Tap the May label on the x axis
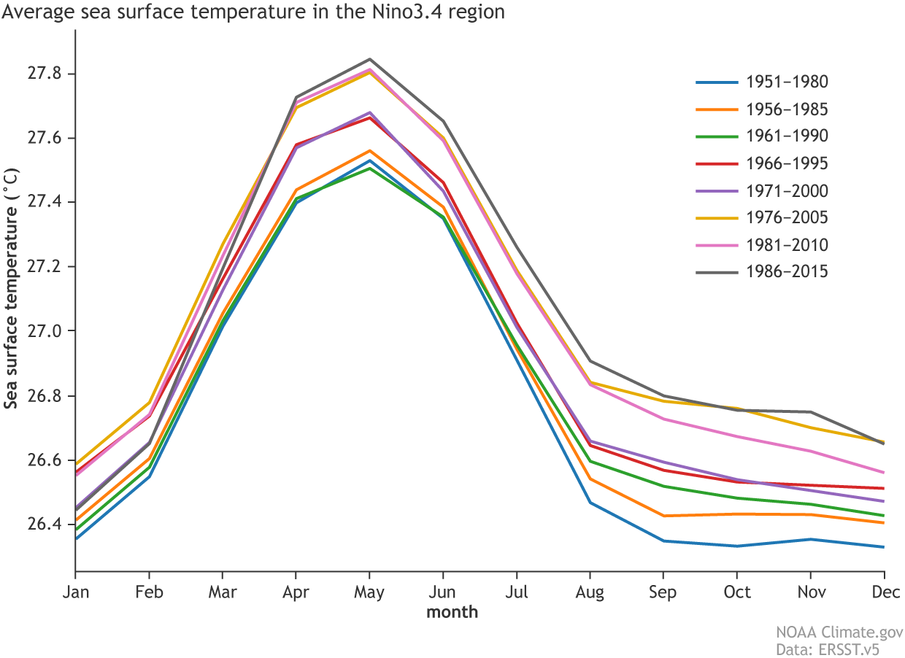[369, 592]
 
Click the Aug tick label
[590, 592]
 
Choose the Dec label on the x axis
[883, 592]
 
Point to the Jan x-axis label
[76, 592]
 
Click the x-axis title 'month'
[452, 612]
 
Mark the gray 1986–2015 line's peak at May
[369, 59]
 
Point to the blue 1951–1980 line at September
[663, 541]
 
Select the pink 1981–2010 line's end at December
[884, 472]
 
